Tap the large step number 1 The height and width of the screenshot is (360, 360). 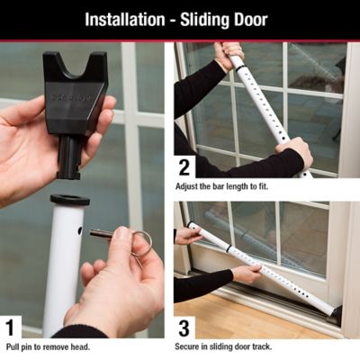12,327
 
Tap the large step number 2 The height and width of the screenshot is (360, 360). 186,166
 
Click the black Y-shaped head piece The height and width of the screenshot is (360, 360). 75,85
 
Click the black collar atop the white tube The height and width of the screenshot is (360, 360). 69,200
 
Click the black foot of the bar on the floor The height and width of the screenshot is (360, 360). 336,312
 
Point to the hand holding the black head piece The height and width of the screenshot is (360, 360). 27,135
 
